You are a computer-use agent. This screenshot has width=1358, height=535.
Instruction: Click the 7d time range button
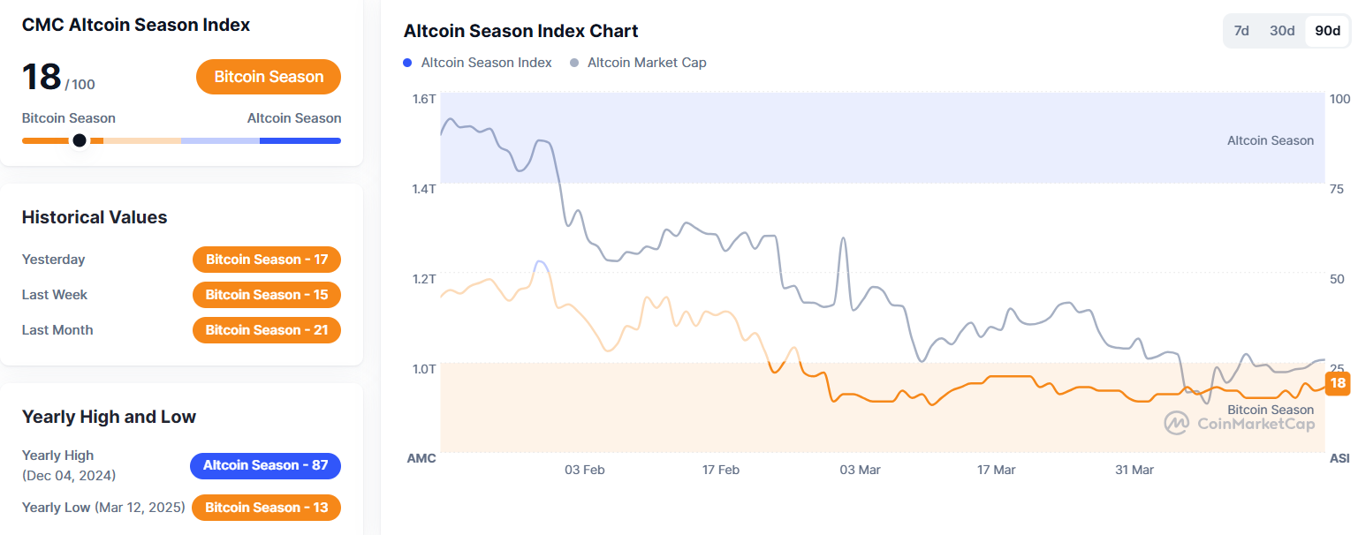pos(1241,31)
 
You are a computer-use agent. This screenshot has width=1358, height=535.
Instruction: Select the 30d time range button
pos(1282,31)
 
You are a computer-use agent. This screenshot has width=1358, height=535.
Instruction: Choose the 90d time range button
pos(1327,31)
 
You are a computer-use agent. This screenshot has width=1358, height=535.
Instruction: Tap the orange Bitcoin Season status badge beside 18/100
pos(269,77)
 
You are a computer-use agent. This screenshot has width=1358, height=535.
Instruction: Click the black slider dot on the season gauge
pos(80,140)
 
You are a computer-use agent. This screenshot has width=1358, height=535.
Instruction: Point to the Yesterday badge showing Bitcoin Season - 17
pos(267,260)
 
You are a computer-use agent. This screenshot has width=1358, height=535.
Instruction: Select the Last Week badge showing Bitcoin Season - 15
pos(267,295)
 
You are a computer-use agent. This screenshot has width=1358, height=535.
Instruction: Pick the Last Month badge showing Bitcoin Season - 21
pos(267,330)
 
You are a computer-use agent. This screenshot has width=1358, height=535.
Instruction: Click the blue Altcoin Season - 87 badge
pos(266,465)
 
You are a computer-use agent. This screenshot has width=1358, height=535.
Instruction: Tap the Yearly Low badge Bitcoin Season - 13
pos(266,508)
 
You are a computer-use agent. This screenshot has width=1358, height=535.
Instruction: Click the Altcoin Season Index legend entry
pos(478,63)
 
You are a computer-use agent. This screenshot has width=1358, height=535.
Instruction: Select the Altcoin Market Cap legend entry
pos(639,63)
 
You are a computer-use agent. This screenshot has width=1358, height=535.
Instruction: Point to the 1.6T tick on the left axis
pos(424,99)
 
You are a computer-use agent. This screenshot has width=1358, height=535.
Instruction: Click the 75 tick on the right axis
pos(1336,189)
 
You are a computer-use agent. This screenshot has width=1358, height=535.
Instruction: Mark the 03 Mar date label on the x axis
pos(860,470)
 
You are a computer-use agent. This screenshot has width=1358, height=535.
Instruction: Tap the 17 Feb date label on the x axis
pos(721,470)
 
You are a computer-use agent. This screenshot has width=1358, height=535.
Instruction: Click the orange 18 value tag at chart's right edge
pos(1338,383)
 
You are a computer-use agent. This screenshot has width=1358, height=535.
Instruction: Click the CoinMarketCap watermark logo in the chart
pos(1176,423)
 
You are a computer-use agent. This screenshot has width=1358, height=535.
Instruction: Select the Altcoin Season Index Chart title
pos(520,31)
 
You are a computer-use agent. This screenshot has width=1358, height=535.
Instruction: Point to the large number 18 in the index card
pos(42,77)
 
